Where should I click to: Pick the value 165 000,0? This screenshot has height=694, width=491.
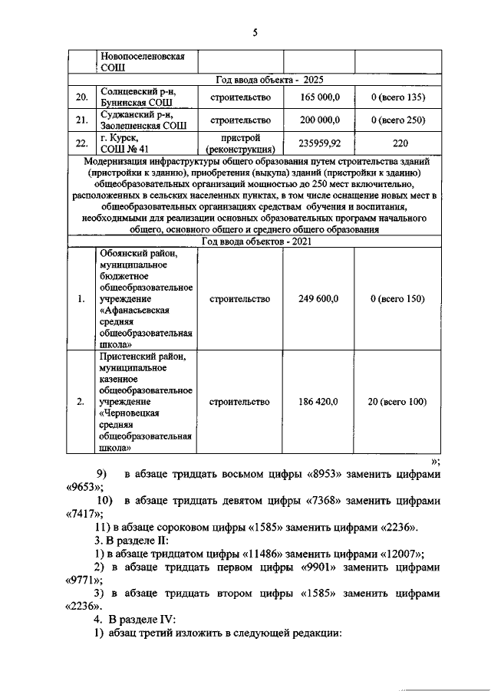(318, 97)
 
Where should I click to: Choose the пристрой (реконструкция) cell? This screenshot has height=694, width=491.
(240, 143)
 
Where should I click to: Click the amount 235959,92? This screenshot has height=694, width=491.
(318, 143)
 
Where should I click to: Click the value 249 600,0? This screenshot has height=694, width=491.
(318, 299)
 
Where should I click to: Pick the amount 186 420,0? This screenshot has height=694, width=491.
(318, 402)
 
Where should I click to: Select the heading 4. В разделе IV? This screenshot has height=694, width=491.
(137, 619)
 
